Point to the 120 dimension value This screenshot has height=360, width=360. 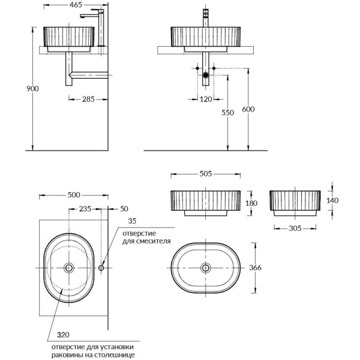[206, 99]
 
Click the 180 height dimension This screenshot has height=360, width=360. [251, 203]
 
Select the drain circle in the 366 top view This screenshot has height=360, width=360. [206, 267]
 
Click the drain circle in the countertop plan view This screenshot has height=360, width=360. [70, 268]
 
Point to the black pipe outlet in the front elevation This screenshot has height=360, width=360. [206, 75]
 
